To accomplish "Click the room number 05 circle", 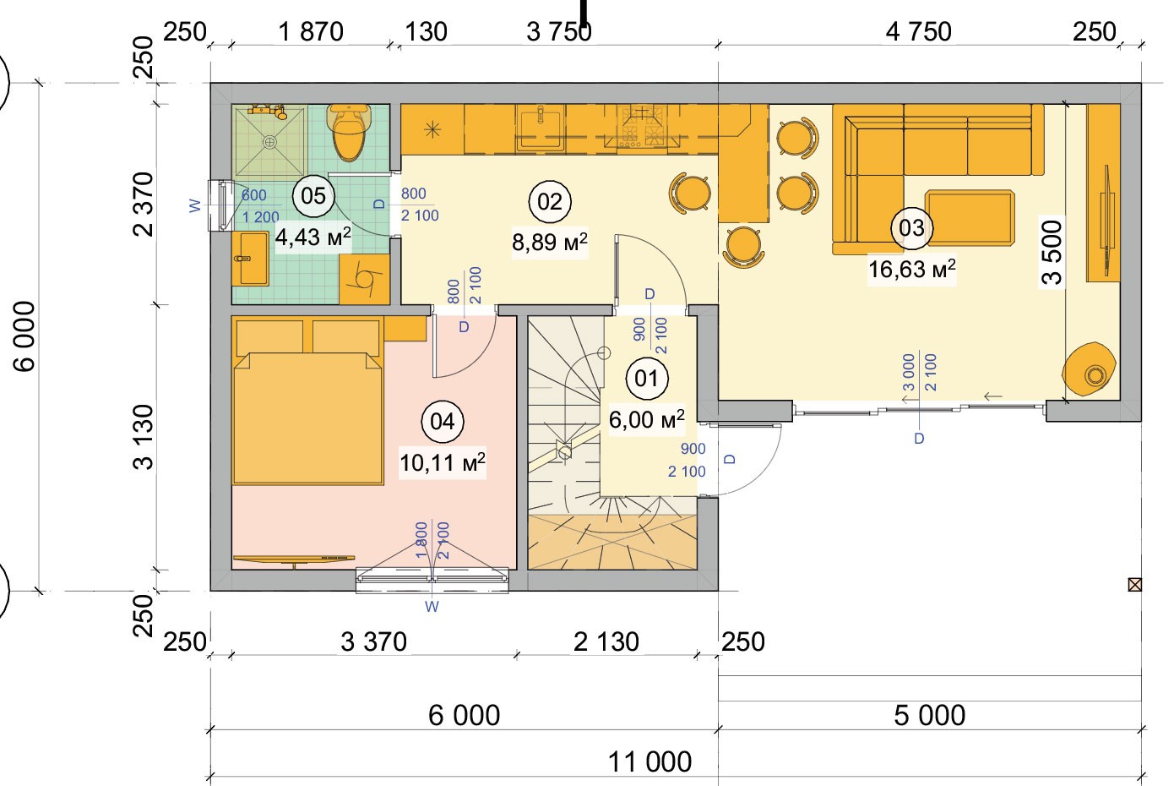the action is tap(313, 196).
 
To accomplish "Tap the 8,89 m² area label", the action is tap(549, 243).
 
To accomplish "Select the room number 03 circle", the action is tap(912, 228).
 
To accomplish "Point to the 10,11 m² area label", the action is tap(443, 463).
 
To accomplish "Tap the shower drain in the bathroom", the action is tap(269, 142).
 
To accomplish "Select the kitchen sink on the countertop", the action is tap(541, 128).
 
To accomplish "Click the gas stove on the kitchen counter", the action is tap(642, 127).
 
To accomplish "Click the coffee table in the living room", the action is tap(970, 217).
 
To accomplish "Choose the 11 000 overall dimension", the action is tap(650, 761).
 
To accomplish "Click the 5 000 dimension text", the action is tap(929, 715).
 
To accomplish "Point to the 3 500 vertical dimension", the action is tap(1052, 252).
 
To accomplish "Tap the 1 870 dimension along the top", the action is tap(311, 31).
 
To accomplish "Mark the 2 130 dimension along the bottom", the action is tap(606, 641).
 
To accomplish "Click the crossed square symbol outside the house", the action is tap(1134, 584).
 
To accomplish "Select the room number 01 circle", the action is tap(647, 378).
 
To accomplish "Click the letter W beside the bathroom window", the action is tap(195, 205).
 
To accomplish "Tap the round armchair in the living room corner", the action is tap(1089, 368).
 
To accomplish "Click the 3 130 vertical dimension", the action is tap(143, 437).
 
